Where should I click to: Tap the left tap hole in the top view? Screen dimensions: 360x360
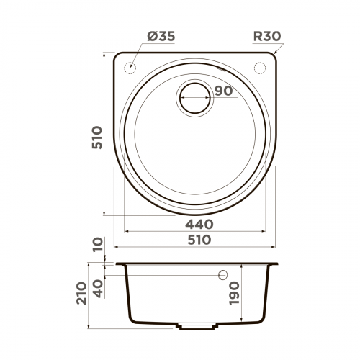pyautogui.click(x=132, y=68)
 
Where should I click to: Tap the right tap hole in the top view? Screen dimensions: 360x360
pyautogui.click(x=260, y=68)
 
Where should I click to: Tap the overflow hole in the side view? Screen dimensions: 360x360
pyautogui.click(x=223, y=275)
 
